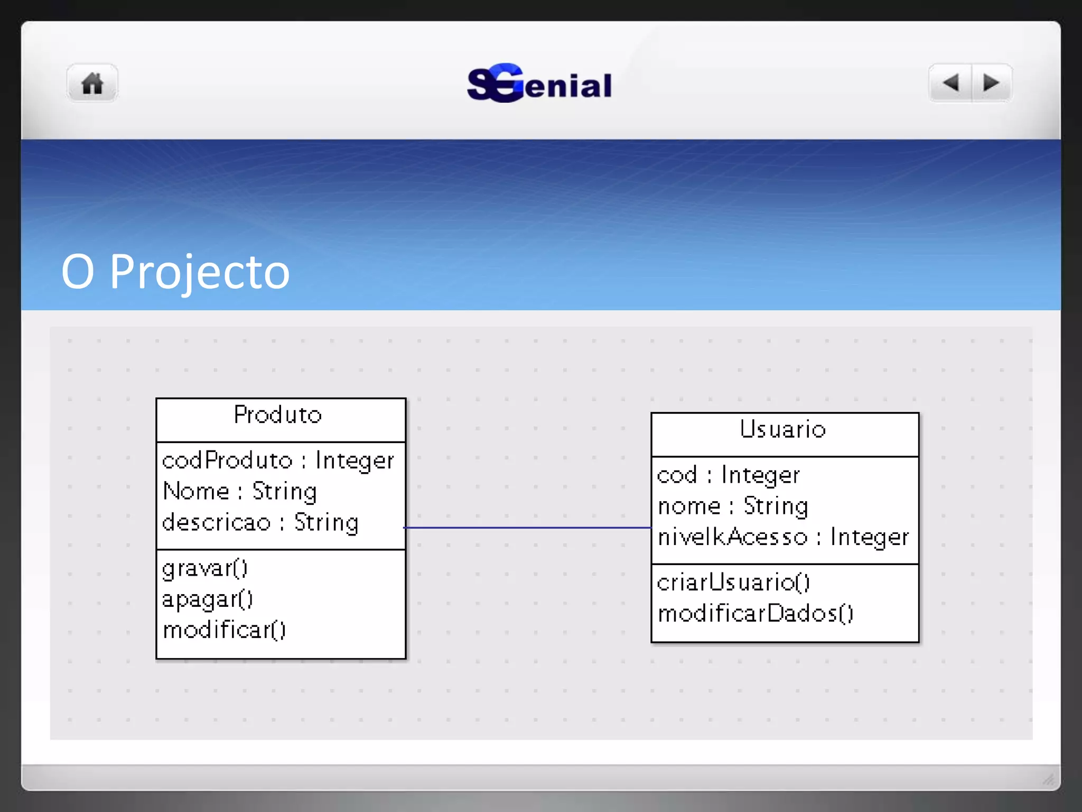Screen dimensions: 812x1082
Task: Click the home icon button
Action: (92, 83)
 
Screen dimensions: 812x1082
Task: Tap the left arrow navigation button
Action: (950, 83)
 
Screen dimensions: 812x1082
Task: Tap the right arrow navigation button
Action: (991, 83)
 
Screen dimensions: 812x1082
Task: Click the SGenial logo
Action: (539, 84)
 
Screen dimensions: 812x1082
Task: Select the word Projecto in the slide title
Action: (200, 272)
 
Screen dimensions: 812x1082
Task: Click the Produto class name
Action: (278, 415)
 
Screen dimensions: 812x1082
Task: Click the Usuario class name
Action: (782, 429)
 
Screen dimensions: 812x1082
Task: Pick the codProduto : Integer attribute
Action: (278, 460)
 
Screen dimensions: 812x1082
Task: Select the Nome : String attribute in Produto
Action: (240, 492)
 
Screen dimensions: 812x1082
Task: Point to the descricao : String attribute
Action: (260, 523)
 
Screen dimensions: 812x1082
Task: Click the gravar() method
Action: (205, 568)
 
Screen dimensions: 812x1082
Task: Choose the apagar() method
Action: (208, 599)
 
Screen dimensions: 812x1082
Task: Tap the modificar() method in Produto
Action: (224, 630)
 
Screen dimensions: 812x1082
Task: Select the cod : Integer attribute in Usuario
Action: (728, 475)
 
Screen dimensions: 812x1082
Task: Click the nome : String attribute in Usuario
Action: (733, 506)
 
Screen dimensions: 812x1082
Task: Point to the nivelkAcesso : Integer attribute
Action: (783, 537)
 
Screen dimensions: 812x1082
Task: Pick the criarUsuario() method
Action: (733, 583)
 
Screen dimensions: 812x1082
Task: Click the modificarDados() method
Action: (755, 614)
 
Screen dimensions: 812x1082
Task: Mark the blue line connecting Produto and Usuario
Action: (528, 528)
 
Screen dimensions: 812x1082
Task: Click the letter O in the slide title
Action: (78, 272)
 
